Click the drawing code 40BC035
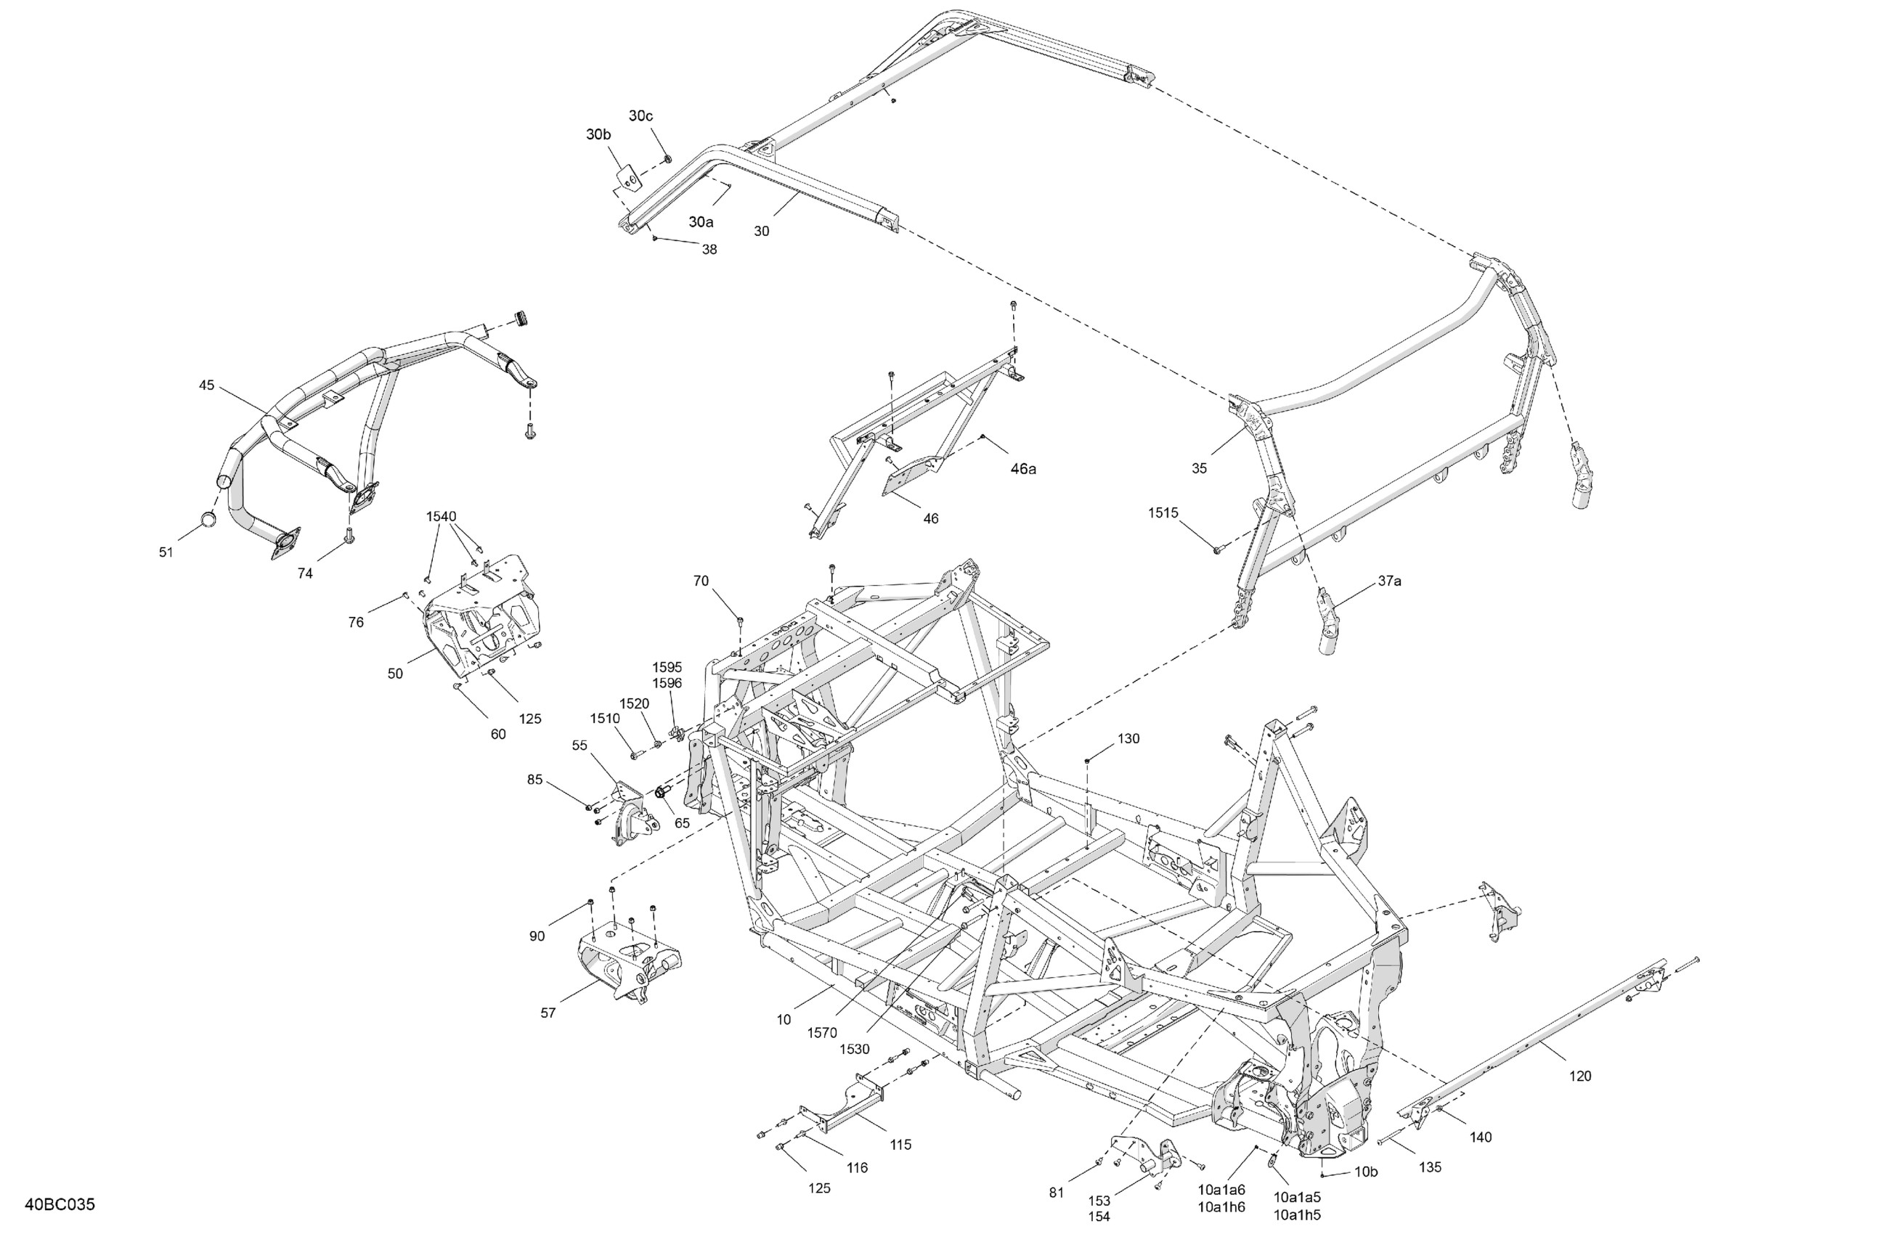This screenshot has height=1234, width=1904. pos(60,1204)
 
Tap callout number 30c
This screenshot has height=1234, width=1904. pos(640,116)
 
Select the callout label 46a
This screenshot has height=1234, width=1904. pos(1022,470)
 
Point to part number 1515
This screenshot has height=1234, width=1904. pos(1163,512)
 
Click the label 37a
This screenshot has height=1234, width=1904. pos(1389,581)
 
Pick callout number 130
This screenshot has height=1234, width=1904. pos(1128,739)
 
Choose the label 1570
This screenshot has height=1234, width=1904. pos(821,1032)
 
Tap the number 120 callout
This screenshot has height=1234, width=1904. pos(1580,1076)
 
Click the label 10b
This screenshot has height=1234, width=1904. pos(1366,1172)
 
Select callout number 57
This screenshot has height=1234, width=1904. pos(548,1013)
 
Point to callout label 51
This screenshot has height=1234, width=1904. pos(166,552)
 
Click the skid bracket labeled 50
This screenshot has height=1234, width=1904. pos(480,620)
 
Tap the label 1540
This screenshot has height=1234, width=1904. pos(441,517)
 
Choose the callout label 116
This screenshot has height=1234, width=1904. pos(857,1168)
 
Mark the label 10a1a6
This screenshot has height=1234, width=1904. pos(1221,1190)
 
